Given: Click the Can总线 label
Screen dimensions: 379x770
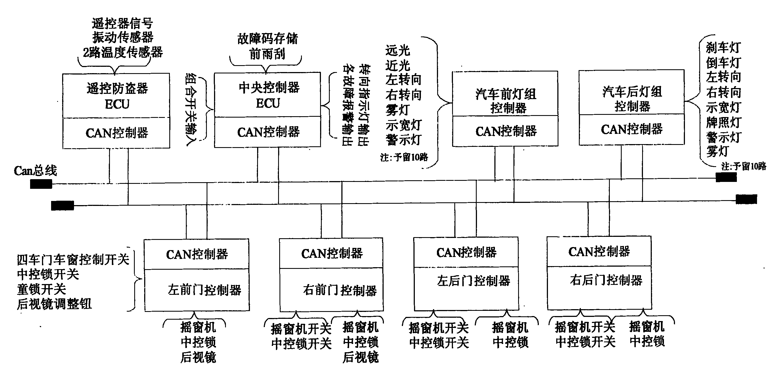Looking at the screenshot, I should coord(35,171).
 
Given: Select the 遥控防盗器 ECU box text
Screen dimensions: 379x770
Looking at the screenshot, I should coord(117,96).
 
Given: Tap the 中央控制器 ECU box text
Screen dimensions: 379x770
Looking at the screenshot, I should coord(269,95).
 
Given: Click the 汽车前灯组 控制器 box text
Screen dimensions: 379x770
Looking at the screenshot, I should coord(506,101).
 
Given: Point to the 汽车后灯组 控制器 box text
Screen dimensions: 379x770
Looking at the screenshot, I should coord(632,99).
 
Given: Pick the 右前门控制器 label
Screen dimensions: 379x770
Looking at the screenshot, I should coord(340,290).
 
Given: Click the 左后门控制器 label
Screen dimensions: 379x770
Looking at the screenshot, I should coord(473,281).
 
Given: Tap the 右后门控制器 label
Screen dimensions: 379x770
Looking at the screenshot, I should coord(606,280).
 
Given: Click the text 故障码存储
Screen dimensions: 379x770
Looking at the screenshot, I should coord(268,39).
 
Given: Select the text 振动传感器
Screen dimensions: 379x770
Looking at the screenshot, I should coord(123,38).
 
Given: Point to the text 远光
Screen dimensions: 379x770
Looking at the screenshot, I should coord(397,51).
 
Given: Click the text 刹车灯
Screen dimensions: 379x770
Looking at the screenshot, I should coord(723,47).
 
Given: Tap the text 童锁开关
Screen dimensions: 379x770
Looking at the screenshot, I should coord(41,289).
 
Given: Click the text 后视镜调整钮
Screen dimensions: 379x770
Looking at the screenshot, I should coord(54,304).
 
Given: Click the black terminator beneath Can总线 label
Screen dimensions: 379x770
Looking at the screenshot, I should coord(41,184).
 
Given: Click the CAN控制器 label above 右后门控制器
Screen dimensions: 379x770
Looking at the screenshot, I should coord(599,252).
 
